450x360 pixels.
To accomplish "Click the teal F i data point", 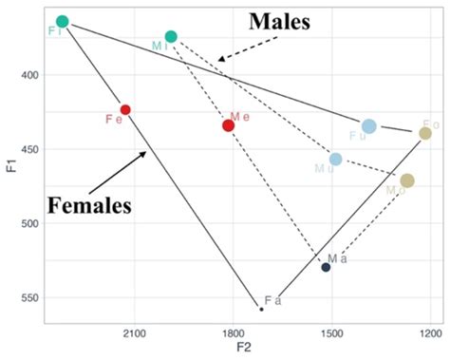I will tap(63, 21).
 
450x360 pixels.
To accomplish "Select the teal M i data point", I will tap(171, 36).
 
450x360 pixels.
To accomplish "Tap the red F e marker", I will tap(125, 109).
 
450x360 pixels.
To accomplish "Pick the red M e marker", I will tap(229, 125).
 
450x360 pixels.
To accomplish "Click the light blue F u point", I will tap(369, 126).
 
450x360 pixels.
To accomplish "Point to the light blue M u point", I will tap(336, 159).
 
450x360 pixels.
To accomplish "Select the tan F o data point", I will tap(425, 133).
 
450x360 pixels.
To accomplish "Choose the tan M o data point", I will tap(407, 180).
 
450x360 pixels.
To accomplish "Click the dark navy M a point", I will tap(326, 267).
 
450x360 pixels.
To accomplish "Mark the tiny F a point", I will tap(261, 309).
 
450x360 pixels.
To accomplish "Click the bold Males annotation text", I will tap(280, 22).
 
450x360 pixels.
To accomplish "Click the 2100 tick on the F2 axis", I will tap(134, 333).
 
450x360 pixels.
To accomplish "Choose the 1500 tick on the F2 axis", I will tap(330, 333).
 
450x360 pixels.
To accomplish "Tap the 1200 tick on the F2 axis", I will tap(429, 333).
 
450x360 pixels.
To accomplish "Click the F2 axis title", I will tap(241, 350).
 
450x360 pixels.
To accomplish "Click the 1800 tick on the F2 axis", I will tap(233, 333).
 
